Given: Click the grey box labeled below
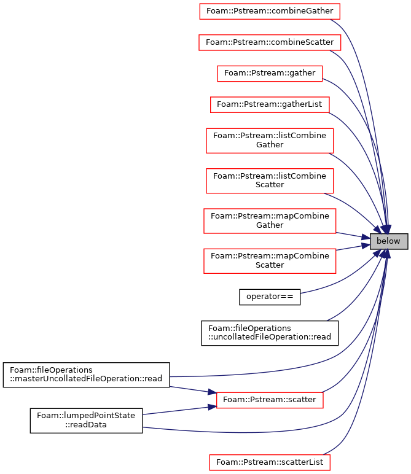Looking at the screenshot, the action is click(389, 241).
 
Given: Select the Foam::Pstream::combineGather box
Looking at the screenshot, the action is click(270, 11).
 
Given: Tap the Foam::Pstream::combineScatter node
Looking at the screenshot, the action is click(270, 42).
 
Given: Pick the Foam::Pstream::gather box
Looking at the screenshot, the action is click(270, 74).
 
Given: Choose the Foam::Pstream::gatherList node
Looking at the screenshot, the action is click(270, 104).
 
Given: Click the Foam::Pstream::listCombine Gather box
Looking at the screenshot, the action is click(270, 141).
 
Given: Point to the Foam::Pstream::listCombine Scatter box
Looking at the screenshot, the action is click(270, 181).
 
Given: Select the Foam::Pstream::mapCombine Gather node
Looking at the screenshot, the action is click(270, 220).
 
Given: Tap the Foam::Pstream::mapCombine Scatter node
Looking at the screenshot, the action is click(270, 261).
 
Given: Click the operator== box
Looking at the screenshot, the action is click(270, 297).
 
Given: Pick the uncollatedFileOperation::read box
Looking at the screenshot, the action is click(270, 333).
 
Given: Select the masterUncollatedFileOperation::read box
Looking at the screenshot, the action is click(87, 375).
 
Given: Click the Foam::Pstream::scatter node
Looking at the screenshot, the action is click(270, 400).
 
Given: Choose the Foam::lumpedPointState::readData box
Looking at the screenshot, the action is click(86, 421).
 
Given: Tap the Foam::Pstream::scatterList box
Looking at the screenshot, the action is click(270, 462).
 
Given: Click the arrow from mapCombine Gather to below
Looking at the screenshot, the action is click(353, 236).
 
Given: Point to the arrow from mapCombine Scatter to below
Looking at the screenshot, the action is click(353, 247).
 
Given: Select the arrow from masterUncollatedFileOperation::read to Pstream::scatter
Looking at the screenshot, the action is click(193, 390).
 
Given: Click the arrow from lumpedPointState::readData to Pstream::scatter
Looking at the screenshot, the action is click(179, 410).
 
